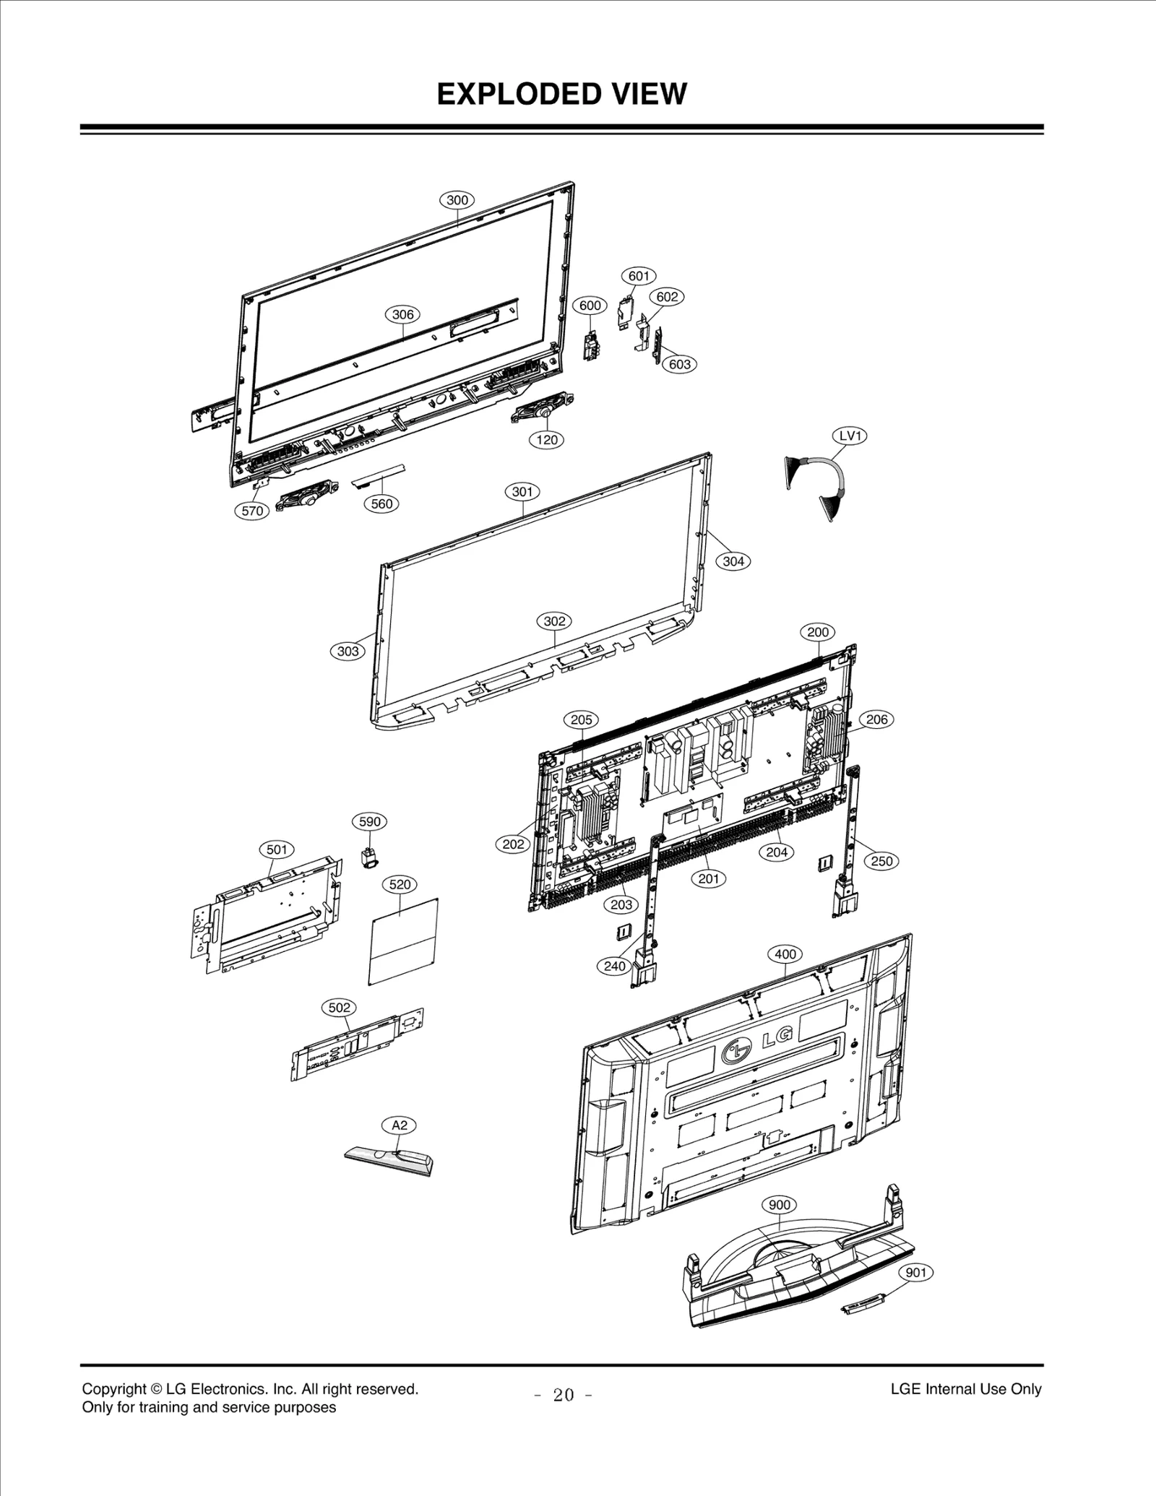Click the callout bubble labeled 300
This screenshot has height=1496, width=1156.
457,200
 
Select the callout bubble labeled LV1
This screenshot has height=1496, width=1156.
850,436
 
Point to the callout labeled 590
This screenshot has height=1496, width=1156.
369,821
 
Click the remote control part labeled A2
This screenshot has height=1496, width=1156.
389,1161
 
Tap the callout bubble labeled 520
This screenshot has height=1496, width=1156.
400,884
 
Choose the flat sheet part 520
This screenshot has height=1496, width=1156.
404,942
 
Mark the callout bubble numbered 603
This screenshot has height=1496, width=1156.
679,364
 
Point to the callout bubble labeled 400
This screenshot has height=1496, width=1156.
785,954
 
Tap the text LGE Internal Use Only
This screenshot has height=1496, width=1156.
965,1388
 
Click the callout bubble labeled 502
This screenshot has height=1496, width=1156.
339,1007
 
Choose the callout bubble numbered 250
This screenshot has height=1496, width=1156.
881,861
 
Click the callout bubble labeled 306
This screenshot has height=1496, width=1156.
402,314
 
